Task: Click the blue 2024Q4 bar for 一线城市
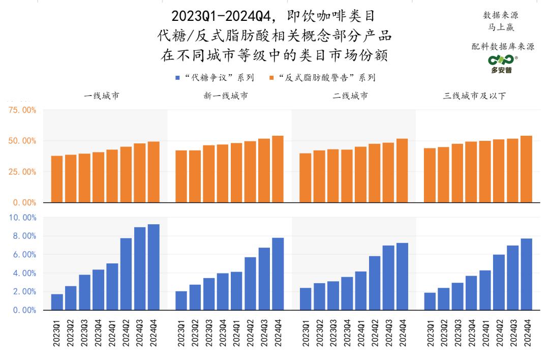[154, 267]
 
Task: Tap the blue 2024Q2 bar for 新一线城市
[251, 283]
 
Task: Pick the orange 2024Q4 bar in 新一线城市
[278, 169]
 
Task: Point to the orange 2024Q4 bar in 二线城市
[402, 170]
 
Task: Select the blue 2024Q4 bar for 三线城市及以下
[526, 274]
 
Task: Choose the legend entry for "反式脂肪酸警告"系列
[322, 78]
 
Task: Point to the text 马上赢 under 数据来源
[503, 27]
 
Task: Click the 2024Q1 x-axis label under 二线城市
[360, 334]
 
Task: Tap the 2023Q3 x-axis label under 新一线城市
[209, 334]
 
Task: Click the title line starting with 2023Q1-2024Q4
[274, 16]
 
